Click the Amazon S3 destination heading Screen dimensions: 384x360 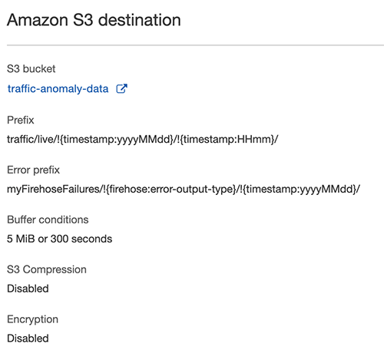click(94, 20)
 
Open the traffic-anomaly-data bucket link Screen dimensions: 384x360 click(58, 89)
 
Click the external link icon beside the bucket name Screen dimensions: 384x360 click(122, 88)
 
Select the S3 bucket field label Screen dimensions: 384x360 click(31, 68)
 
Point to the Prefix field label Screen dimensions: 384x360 click(20, 120)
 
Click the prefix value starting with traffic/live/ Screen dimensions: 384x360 click(142, 140)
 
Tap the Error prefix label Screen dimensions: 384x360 click(33, 170)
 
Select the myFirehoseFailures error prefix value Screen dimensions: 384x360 click(184, 190)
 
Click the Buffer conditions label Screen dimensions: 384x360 click(48, 220)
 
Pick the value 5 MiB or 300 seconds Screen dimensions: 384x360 click(59, 239)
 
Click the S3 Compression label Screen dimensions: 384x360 click(47, 269)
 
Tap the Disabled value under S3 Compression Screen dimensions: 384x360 click(28, 289)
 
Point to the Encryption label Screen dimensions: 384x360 click(32, 319)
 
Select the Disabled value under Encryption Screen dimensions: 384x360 click(28, 339)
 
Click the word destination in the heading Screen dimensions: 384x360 click(140, 20)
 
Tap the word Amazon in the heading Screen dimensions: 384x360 click(38, 20)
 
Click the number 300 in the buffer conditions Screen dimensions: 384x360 click(59, 239)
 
